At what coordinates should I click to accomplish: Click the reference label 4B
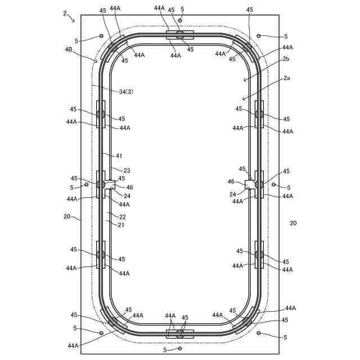point(69,49)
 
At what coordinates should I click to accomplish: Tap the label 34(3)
point(126,92)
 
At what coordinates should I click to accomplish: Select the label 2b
point(286,59)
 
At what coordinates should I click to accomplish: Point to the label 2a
point(286,78)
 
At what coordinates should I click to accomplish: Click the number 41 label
point(119,156)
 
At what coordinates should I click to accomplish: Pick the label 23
point(127,170)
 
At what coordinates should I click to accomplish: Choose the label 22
point(123,217)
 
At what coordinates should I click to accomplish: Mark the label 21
point(121,225)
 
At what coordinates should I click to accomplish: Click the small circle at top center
point(180,21)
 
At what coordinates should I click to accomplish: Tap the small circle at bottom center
point(180,349)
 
